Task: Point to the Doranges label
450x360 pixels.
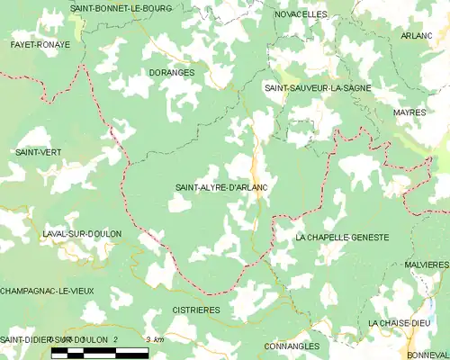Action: point(171,73)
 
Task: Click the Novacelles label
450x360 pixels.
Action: point(301,15)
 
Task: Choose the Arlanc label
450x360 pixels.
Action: point(418,36)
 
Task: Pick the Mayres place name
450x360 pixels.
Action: point(409,112)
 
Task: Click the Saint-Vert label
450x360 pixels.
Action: point(38,153)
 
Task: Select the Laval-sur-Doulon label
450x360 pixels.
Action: point(82,234)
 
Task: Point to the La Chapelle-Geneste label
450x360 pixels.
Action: point(342,237)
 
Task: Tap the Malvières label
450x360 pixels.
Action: point(427,265)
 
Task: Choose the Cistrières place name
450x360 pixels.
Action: point(195,310)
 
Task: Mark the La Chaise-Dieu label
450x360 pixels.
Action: point(400,322)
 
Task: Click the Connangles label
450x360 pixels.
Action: point(292,346)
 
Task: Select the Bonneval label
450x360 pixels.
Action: point(427,354)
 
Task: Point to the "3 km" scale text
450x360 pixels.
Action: point(154,339)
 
